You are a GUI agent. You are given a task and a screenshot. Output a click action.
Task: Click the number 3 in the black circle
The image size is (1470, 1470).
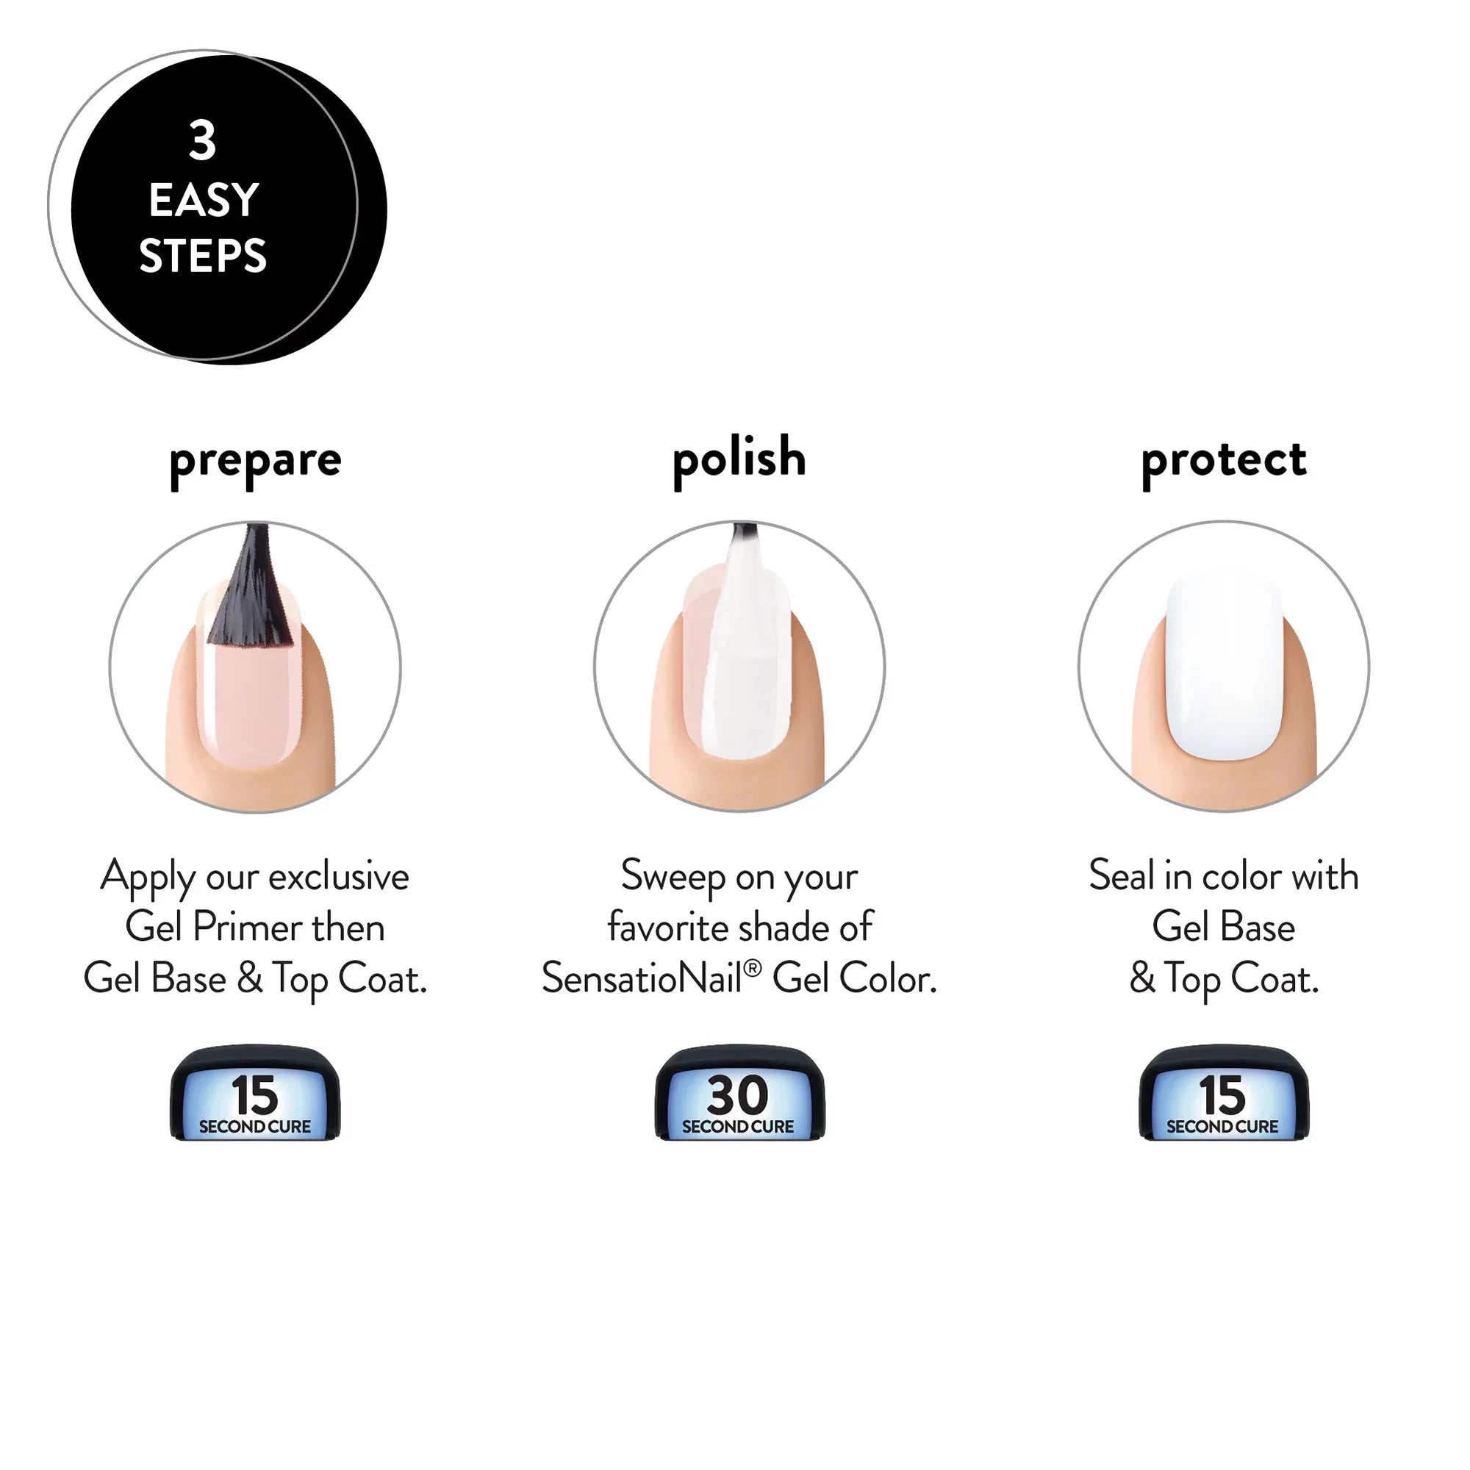(x=202, y=142)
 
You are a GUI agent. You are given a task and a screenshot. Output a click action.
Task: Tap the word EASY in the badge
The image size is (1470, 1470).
(x=204, y=201)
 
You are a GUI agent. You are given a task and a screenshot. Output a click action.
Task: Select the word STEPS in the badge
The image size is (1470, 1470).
(x=203, y=256)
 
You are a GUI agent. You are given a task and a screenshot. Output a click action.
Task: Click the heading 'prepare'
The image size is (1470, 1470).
(x=255, y=460)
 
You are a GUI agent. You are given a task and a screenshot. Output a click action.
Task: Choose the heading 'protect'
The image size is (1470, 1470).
(x=1224, y=459)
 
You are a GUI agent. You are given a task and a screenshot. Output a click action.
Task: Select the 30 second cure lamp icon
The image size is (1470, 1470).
(x=739, y=1094)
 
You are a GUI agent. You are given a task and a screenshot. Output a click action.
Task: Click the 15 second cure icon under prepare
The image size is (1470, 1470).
(x=255, y=1094)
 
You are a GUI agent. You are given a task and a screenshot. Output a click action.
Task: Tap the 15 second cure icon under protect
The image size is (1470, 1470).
(x=1224, y=1094)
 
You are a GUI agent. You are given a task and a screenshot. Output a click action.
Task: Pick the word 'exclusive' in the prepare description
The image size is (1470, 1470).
(x=339, y=877)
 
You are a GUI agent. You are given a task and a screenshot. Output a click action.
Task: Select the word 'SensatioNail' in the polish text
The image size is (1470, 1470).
(x=642, y=979)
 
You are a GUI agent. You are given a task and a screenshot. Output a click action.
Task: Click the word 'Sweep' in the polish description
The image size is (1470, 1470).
(x=673, y=877)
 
